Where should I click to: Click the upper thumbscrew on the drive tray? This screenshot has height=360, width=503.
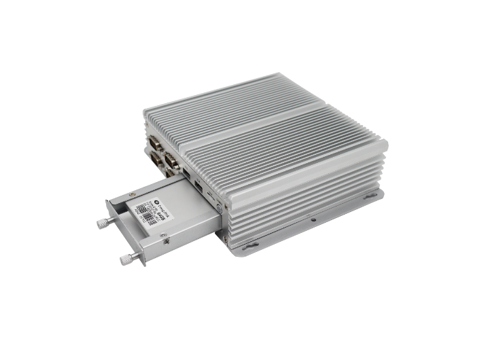(103, 223)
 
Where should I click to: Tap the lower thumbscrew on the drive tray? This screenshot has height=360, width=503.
(126, 259)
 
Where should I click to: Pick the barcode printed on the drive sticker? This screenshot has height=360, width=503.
(143, 212)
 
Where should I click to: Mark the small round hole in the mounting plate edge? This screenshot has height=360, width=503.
(312, 219)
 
